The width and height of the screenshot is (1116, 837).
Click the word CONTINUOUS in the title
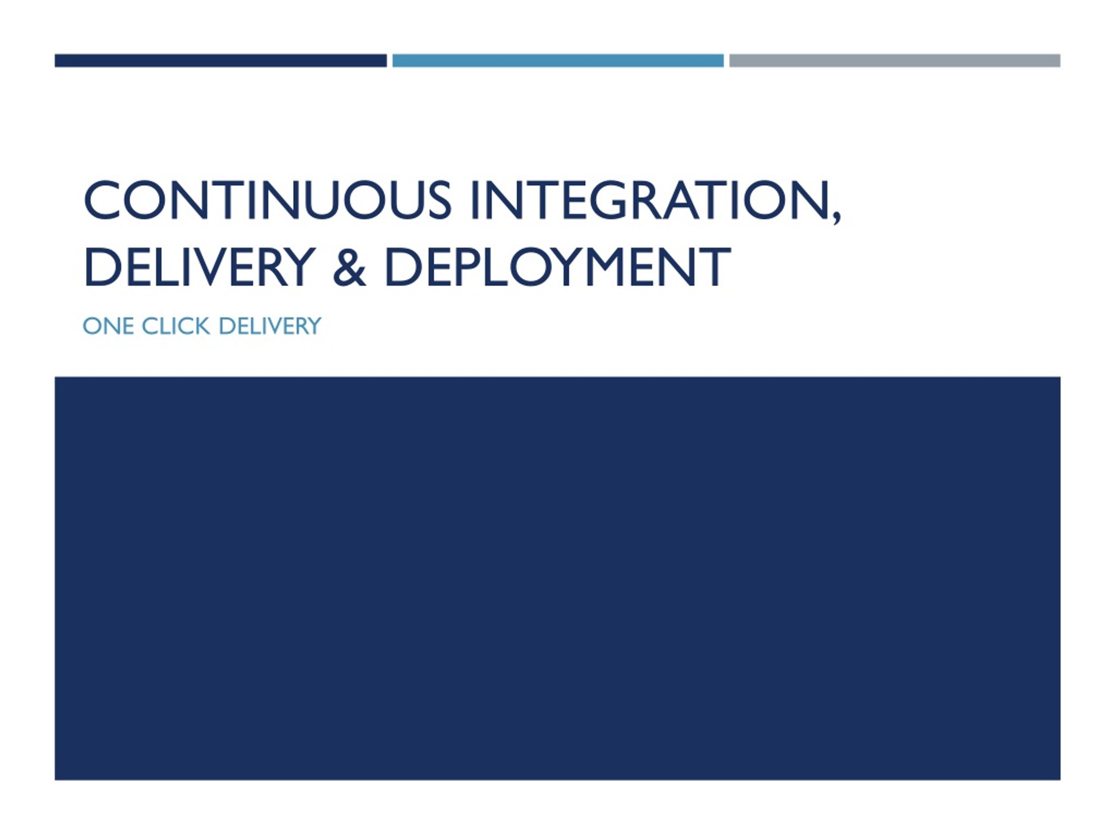pyautogui.click(x=267, y=200)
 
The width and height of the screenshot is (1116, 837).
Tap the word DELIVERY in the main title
pyautogui.click(x=199, y=267)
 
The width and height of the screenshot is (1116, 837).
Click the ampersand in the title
pyautogui.click(x=349, y=267)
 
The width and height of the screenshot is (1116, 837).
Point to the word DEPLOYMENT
pyautogui.click(x=558, y=267)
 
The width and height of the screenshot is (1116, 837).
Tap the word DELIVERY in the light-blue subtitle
pyautogui.click(x=270, y=326)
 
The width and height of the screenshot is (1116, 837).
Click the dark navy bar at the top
pyautogui.click(x=221, y=61)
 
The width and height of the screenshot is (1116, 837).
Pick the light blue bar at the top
pyautogui.click(x=558, y=61)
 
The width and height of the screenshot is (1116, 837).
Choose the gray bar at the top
pyautogui.click(x=895, y=61)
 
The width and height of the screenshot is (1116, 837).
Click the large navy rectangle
pyautogui.click(x=558, y=578)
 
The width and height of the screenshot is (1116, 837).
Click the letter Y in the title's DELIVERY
pyautogui.click(x=298, y=267)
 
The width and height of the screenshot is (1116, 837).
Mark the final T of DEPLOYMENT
pyautogui.click(x=715, y=267)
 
